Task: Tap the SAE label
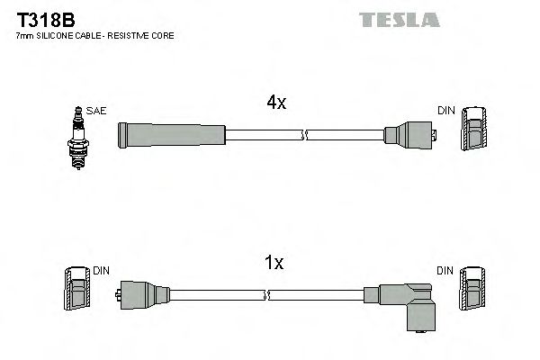pos(96,111)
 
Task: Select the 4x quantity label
pos(275,103)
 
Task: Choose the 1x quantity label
pos(274,263)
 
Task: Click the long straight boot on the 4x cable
pos(171,136)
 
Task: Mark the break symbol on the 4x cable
pos(304,136)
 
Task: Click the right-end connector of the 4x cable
pos(410,136)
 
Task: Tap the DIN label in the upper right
pos(446,111)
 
